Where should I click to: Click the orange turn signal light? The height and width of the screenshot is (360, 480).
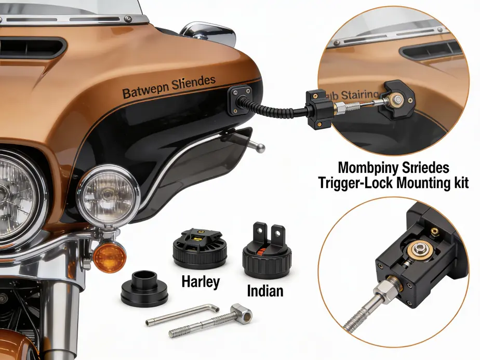[109, 257]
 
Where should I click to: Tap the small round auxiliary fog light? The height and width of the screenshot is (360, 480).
[109, 195]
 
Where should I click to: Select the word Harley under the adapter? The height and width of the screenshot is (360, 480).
[201, 282]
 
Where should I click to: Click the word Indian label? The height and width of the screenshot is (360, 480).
[265, 290]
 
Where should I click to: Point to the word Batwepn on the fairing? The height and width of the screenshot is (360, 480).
[145, 93]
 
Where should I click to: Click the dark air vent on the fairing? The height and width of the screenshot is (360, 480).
[31, 46]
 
